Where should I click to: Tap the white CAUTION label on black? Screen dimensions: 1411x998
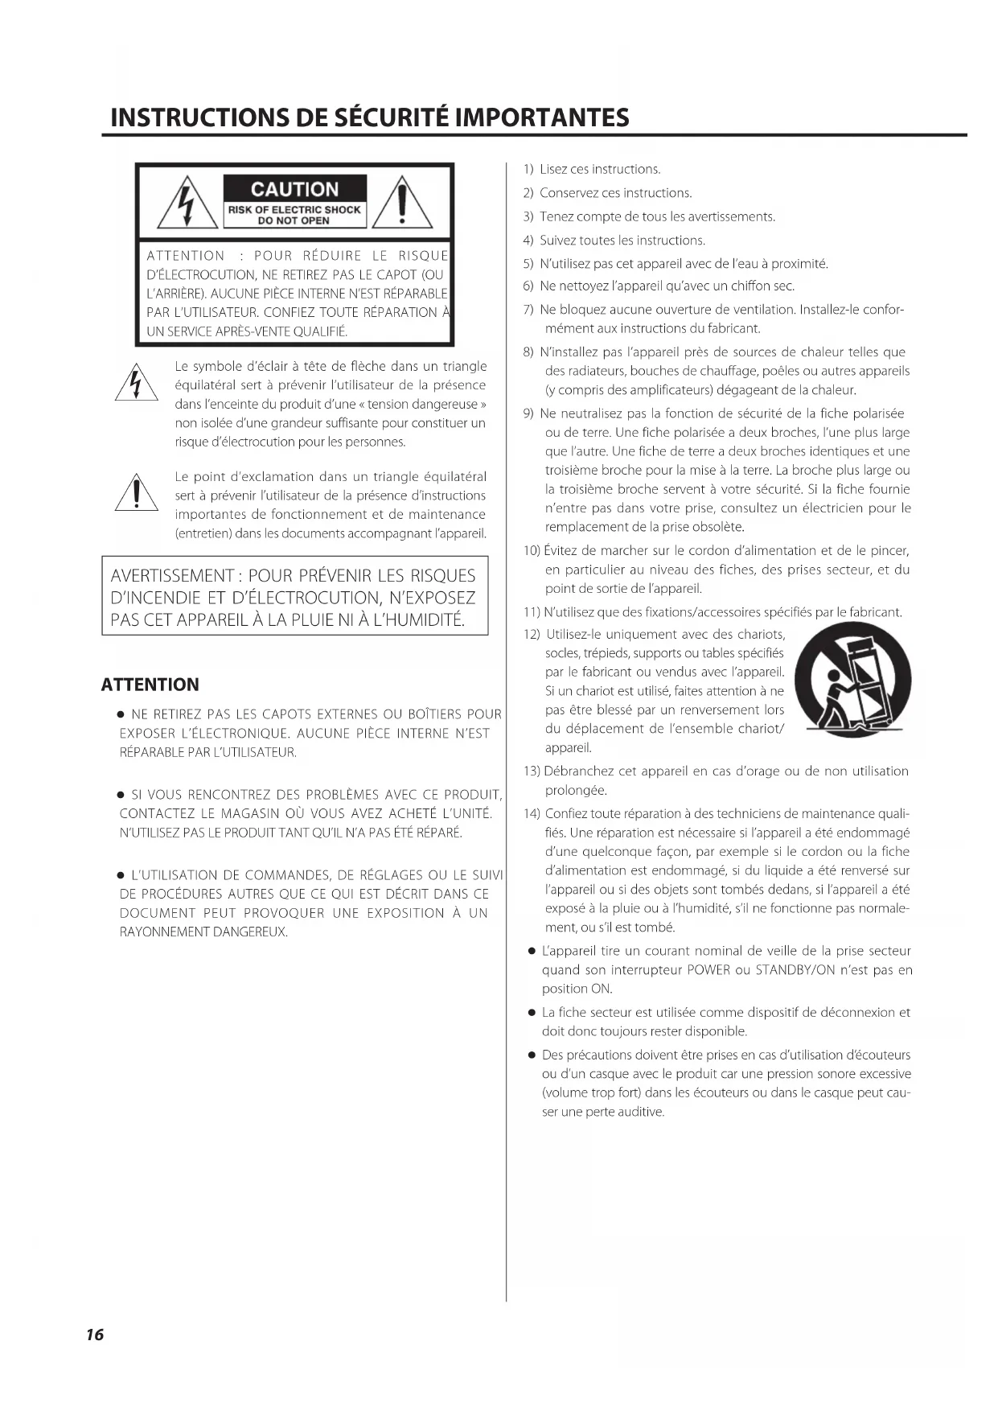[x=294, y=190]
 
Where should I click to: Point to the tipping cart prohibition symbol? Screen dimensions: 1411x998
[x=858, y=681]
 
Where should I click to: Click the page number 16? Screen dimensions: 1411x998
[x=94, y=1335]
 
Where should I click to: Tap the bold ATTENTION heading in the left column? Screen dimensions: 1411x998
[x=150, y=685]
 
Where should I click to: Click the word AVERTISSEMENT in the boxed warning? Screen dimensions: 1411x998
[x=171, y=576]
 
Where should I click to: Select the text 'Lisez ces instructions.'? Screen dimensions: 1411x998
[x=600, y=169]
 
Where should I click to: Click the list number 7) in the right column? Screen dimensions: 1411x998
[x=528, y=310]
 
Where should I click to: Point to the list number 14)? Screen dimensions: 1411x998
[x=532, y=813]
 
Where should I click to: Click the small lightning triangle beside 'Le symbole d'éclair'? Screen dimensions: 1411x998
[x=135, y=384]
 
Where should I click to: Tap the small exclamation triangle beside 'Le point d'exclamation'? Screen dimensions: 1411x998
[x=136, y=492]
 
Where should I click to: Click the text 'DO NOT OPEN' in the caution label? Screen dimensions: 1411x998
[x=294, y=220]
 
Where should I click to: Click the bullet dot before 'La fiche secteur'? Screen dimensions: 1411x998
[x=532, y=1012]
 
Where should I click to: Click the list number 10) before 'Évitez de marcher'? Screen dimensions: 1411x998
[x=532, y=551]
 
